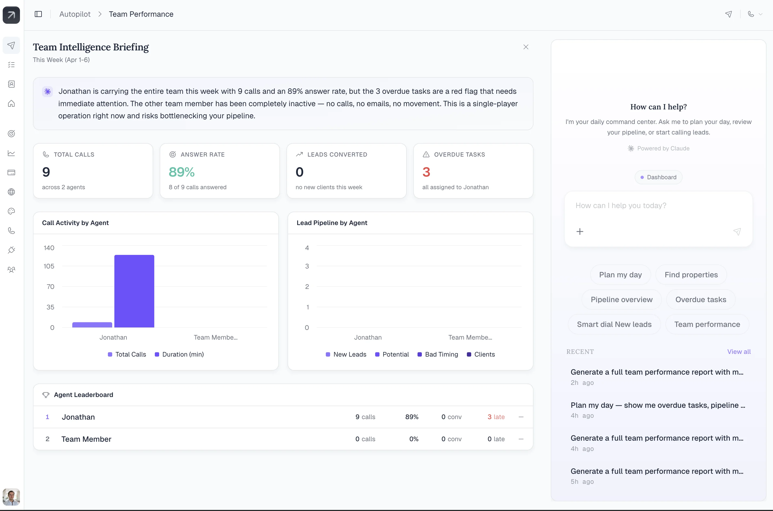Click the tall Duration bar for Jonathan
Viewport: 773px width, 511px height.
coord(134,291)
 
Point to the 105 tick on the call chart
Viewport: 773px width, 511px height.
coord(49,266)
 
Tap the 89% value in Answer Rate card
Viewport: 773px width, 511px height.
coord(182,172)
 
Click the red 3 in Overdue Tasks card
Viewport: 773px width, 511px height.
coord(426,172)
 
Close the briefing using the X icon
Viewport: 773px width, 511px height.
coord(526,47)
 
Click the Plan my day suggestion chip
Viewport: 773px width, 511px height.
coord(620,275)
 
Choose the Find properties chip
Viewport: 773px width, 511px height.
coord(691,275)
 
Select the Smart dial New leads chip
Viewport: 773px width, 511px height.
coord(614,324)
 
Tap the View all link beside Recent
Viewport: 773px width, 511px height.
coord(739,352)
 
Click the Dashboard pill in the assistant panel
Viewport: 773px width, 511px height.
coord(658,177)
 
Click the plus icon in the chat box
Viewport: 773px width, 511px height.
coord(580,232)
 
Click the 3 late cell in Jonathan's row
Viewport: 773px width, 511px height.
coord(496,417)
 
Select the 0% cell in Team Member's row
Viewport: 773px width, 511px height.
coord(413,439)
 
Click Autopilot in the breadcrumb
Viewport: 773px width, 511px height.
coord(75,14)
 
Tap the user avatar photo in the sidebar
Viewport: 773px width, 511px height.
coord(11,497)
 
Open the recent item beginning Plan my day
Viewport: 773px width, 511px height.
coord(658,405)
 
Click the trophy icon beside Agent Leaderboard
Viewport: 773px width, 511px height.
coord(46,395)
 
